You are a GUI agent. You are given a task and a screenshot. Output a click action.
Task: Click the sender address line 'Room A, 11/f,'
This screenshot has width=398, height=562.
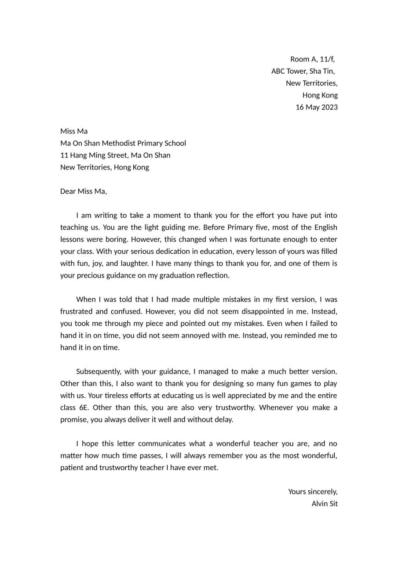click(x=312, y=59)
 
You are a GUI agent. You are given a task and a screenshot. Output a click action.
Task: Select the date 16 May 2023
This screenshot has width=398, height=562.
click(x=316, y=107)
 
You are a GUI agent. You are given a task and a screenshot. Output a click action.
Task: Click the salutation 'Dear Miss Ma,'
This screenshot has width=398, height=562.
click(x=84, y=191)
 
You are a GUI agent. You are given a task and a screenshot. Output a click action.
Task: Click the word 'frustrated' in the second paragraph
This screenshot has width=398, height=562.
click(x=77, y=311)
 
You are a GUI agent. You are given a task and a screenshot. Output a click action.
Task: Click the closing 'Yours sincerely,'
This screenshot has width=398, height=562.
click(x=313, y=492)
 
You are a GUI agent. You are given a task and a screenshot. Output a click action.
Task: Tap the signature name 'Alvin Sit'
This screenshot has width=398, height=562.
click(x=325, y=504)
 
